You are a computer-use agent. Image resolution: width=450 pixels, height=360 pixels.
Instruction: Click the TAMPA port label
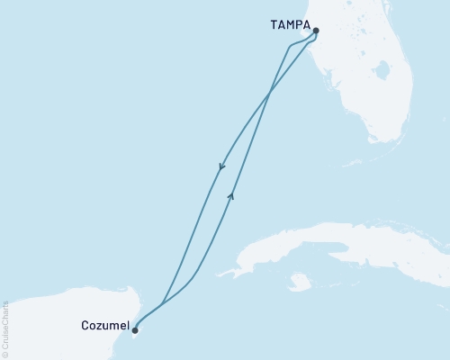point(289,25)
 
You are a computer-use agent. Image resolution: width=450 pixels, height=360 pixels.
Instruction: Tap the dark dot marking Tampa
point(316,30)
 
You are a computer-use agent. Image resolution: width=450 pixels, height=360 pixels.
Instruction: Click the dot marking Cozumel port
point(135,329)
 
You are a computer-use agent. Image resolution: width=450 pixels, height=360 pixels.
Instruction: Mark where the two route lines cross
point(271,90)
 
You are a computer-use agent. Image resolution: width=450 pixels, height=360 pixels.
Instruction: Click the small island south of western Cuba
point(300,283)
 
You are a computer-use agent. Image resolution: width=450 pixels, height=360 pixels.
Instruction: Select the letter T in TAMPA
point(272,25)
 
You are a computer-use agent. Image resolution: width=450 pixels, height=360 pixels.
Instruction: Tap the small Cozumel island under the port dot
point(138,338)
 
